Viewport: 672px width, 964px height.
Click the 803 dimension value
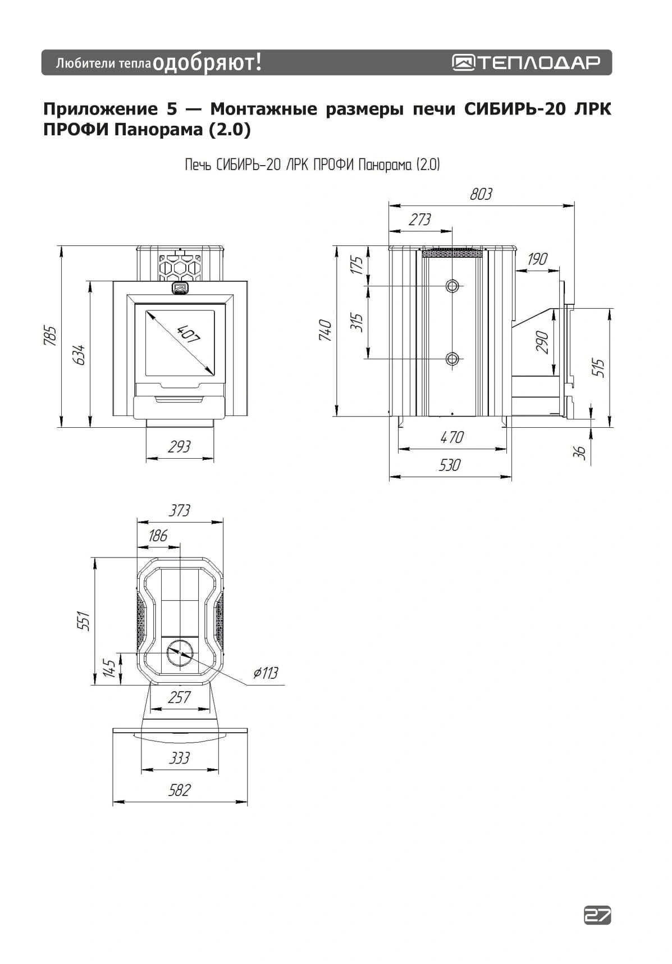point(481,194)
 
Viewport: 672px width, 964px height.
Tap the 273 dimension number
point(420,220)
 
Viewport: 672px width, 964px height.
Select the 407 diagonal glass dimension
point(188,335)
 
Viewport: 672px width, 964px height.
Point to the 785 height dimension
point(51,336)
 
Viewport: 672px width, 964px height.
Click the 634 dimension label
point(80,355)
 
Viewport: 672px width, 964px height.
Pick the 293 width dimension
point(180,447)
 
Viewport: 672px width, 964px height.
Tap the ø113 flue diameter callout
point(266,673)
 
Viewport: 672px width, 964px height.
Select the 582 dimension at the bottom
point(180,791)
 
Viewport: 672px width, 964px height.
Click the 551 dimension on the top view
point(84,621)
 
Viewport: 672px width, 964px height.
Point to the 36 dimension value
point(580,453)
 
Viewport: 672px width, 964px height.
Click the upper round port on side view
point(452,286)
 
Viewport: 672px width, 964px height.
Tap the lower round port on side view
point(452,359)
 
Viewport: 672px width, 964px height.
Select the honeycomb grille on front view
point(180,267)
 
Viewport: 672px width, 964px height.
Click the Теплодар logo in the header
point(526,62)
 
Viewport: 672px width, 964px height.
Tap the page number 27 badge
point(597,915)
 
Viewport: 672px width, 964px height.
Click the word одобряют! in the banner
point(207,62)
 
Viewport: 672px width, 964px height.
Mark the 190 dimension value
point(537,259)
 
